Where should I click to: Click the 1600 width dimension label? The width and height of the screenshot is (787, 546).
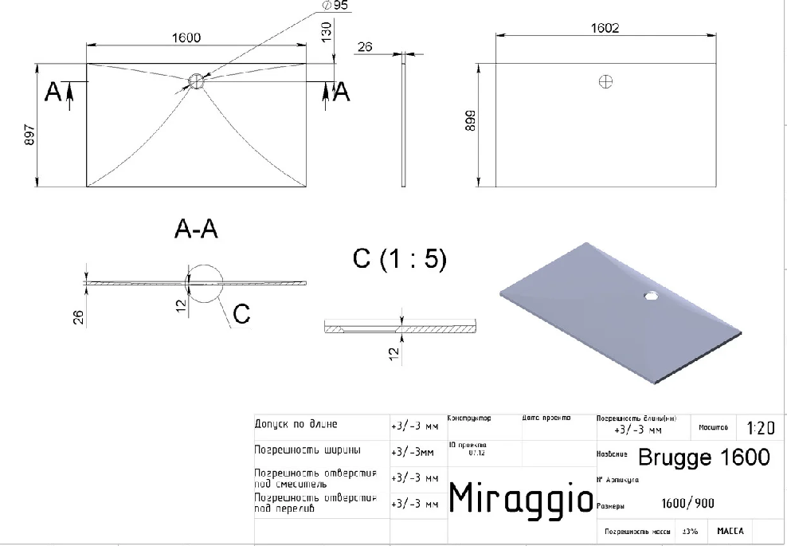(x=184, y=37)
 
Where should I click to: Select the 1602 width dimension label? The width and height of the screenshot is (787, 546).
(x=605, y=28)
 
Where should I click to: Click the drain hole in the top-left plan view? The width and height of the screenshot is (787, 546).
(x=197, y=81)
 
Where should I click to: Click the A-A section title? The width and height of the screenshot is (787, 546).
(x=196, y=230)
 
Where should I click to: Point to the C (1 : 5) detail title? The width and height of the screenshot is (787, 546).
(x=399, y=259)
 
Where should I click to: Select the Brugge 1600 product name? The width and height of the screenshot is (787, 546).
(x=704, y=458)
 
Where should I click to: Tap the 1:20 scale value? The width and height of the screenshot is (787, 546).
(x=761, y=428)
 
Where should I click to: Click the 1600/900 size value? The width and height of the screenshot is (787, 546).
(x=687, y=504)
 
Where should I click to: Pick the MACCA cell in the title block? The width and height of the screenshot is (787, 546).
(x=730, y=530)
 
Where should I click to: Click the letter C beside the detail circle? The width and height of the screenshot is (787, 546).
(x=241, y=314)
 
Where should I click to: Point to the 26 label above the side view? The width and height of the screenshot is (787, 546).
(x=365, y=47)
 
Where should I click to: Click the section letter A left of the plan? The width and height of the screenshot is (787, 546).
(x=52, y=92)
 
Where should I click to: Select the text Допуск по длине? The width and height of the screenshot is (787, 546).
(x=296, y=424)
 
